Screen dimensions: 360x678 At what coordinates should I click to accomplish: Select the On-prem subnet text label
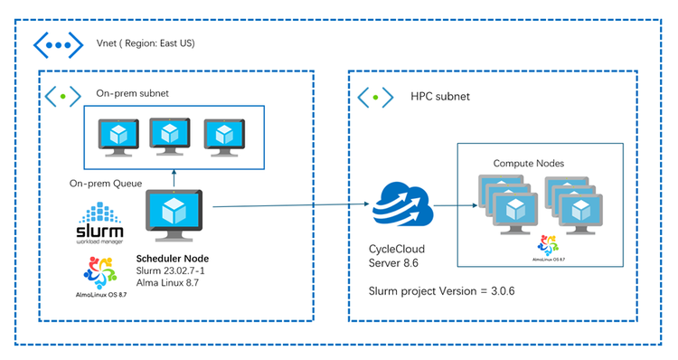(x=132, y=93)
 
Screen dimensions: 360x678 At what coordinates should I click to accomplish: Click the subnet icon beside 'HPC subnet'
(x=375, y=96)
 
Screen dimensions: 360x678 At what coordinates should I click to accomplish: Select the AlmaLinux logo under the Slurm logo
(x=101, y=276)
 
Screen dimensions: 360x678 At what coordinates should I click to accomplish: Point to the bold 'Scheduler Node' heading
(x=173, y=258)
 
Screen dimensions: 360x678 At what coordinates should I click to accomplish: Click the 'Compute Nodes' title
(x=529, y=163)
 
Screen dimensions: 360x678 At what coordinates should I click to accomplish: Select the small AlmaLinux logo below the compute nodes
(x=545, y=246)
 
